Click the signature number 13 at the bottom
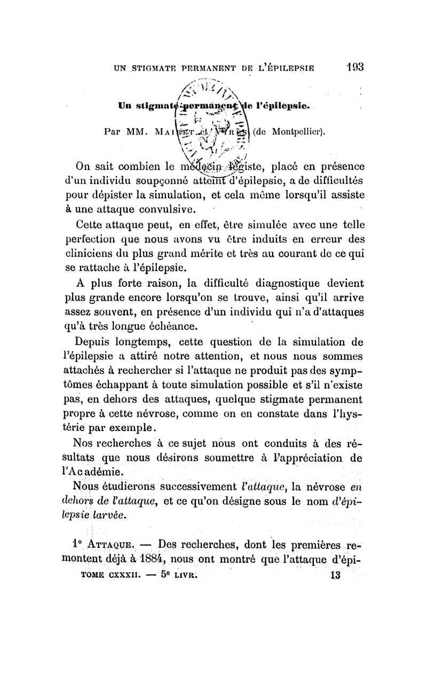335,576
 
